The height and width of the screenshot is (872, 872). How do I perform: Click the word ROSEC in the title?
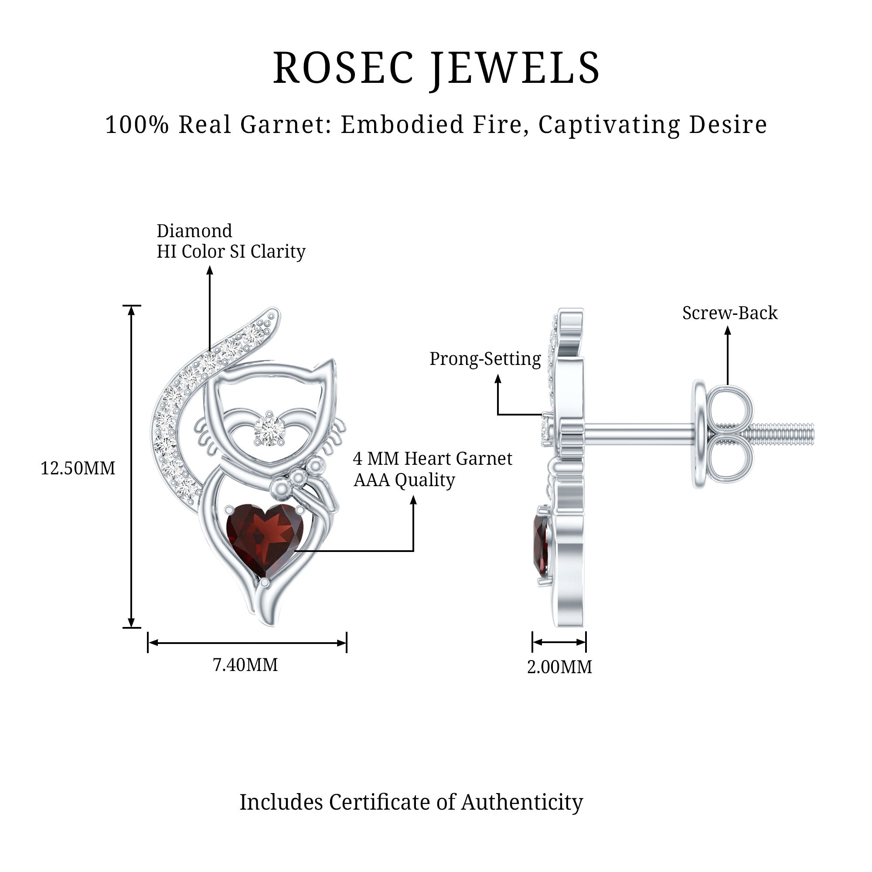[x=343, y=68]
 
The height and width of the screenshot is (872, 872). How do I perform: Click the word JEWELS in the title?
[x=514, y=68]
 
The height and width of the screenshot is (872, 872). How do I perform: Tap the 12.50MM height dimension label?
[x=78, y=469]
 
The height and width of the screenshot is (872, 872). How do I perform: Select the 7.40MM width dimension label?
[x=245, y=665]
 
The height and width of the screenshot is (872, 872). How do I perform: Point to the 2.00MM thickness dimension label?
[x=559, y=667]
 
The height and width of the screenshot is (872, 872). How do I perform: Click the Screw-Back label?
[x=729, y=313]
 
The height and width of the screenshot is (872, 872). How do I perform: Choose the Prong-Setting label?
[x=485, y=359]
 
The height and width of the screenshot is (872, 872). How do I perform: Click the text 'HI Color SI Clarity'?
[x=231, y=252]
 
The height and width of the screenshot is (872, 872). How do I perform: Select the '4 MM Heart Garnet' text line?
[x=432, y=459]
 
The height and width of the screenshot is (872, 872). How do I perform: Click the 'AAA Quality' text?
[x=404, y=480]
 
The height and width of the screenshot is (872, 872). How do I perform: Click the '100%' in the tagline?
[x=137, y=125]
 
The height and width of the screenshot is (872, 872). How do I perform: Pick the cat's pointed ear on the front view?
[x=327, y=370]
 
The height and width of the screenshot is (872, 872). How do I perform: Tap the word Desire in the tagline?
[x=727, y=125]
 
